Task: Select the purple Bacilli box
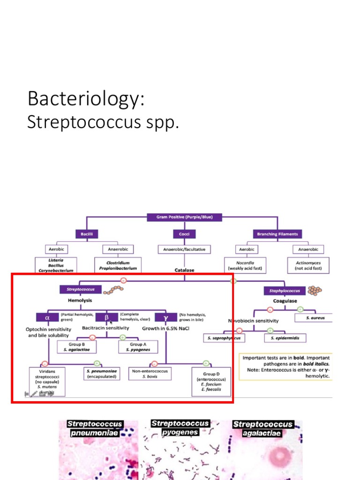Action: coord(86,233)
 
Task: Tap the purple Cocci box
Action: coord(184,233)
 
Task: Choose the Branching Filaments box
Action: coord(277,233)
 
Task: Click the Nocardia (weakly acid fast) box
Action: coord(245,266)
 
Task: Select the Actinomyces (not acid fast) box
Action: coord(308,266)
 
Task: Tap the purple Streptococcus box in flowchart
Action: coord(77,290)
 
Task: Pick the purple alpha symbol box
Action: coord(47,317)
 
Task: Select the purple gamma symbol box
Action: coord(165,317)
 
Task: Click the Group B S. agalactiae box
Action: coord(76,347)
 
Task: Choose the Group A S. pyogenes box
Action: coord(137,347)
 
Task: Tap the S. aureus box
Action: coord(313,318)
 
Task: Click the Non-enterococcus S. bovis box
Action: coord(150,373)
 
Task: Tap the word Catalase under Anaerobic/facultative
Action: coord(184,270)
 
